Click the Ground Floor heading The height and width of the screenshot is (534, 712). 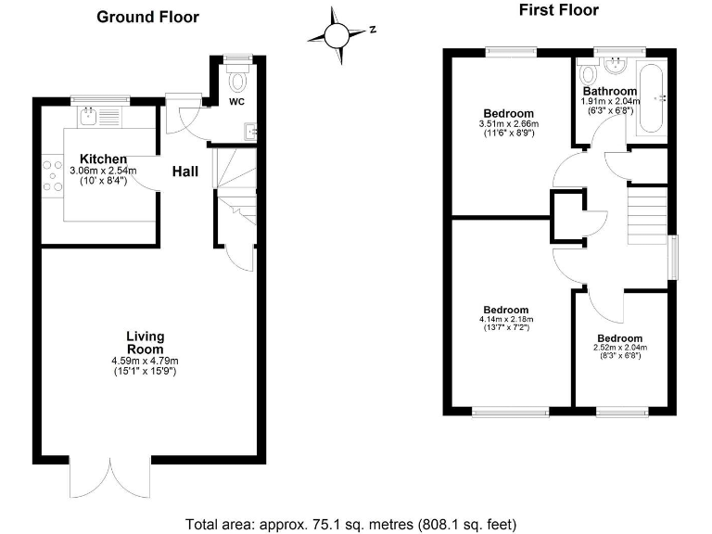147,17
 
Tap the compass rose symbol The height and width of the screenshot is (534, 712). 337,34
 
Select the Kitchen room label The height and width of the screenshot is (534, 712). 103,159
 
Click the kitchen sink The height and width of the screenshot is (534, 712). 90,116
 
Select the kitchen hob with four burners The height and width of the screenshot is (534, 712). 52,176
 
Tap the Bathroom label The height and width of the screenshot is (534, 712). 610,91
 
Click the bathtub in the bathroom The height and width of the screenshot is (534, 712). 653,100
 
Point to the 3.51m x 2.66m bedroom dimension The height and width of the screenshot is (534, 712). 507,123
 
